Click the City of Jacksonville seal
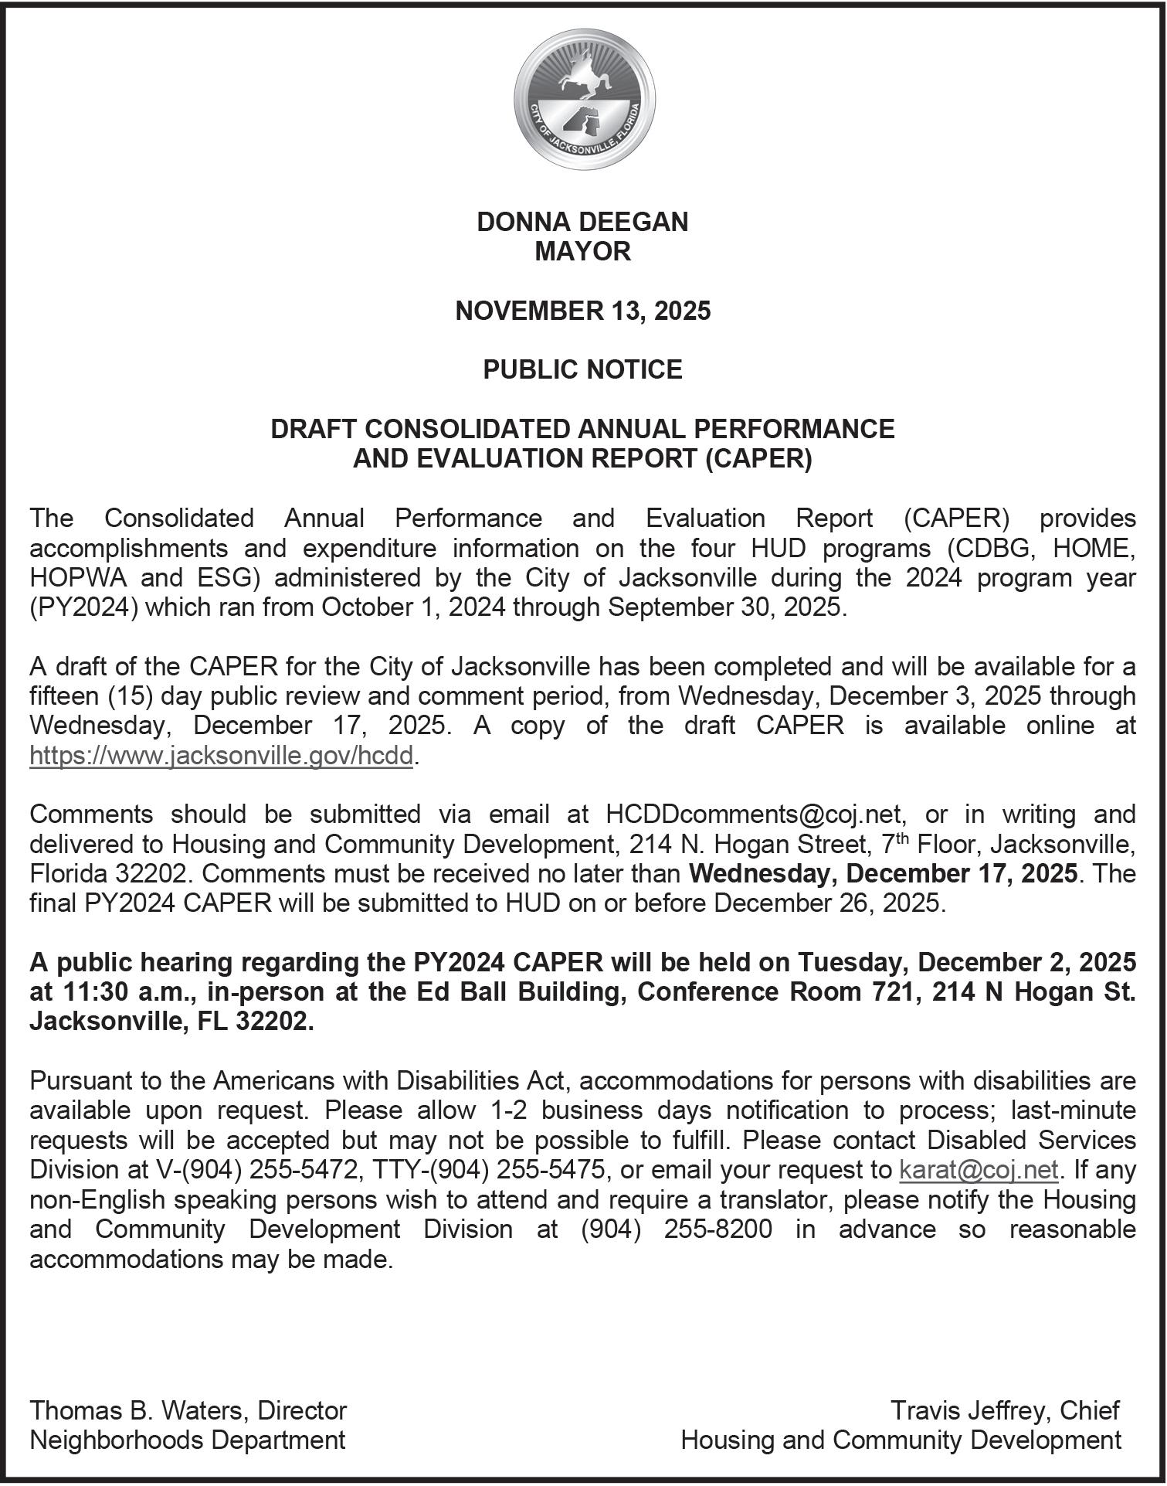click(584, 103)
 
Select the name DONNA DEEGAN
click(582, 223)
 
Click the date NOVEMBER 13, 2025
click(582, 311)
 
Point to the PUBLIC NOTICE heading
click(582, 370)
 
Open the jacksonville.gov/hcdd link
click(222, 755)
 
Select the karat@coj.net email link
click(979, 1170)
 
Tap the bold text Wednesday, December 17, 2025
click(883, 874)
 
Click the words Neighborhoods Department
click(187, 1440)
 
